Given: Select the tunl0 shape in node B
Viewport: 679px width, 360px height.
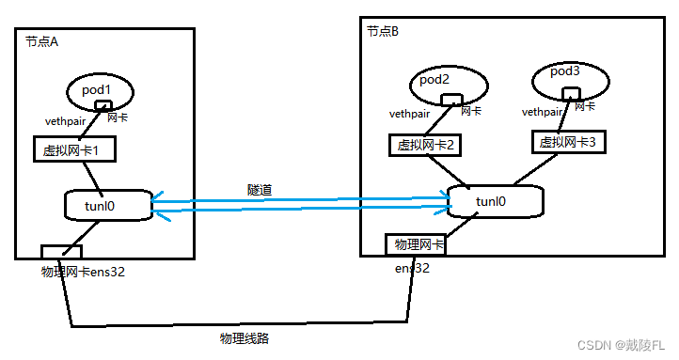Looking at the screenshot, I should click(x=496, y=201).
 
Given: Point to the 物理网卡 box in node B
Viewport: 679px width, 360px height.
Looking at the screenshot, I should click(x=415, y=244).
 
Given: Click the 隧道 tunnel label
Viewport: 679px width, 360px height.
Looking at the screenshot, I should click(x=261, y=190).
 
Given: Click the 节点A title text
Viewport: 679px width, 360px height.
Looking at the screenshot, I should click(x=41, y=41).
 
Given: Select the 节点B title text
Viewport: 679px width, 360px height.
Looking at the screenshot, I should click(x=383, y=31).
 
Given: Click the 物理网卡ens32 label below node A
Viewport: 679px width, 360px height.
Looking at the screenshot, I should click(x=83, y=271).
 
